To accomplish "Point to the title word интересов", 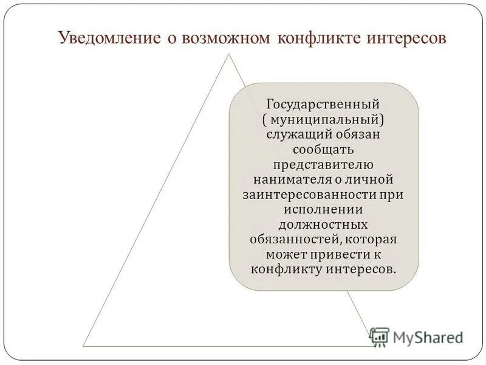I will click(x=406, y=38).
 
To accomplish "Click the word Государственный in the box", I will click(x=323, y=103).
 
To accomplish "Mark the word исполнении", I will click(x=323, y=209).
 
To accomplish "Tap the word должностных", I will click(x=323, y=224).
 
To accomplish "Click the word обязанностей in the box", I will click(x=291, y=239).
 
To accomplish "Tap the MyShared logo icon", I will click(x=379, y=336).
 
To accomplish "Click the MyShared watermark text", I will click(x=428, y=337).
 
